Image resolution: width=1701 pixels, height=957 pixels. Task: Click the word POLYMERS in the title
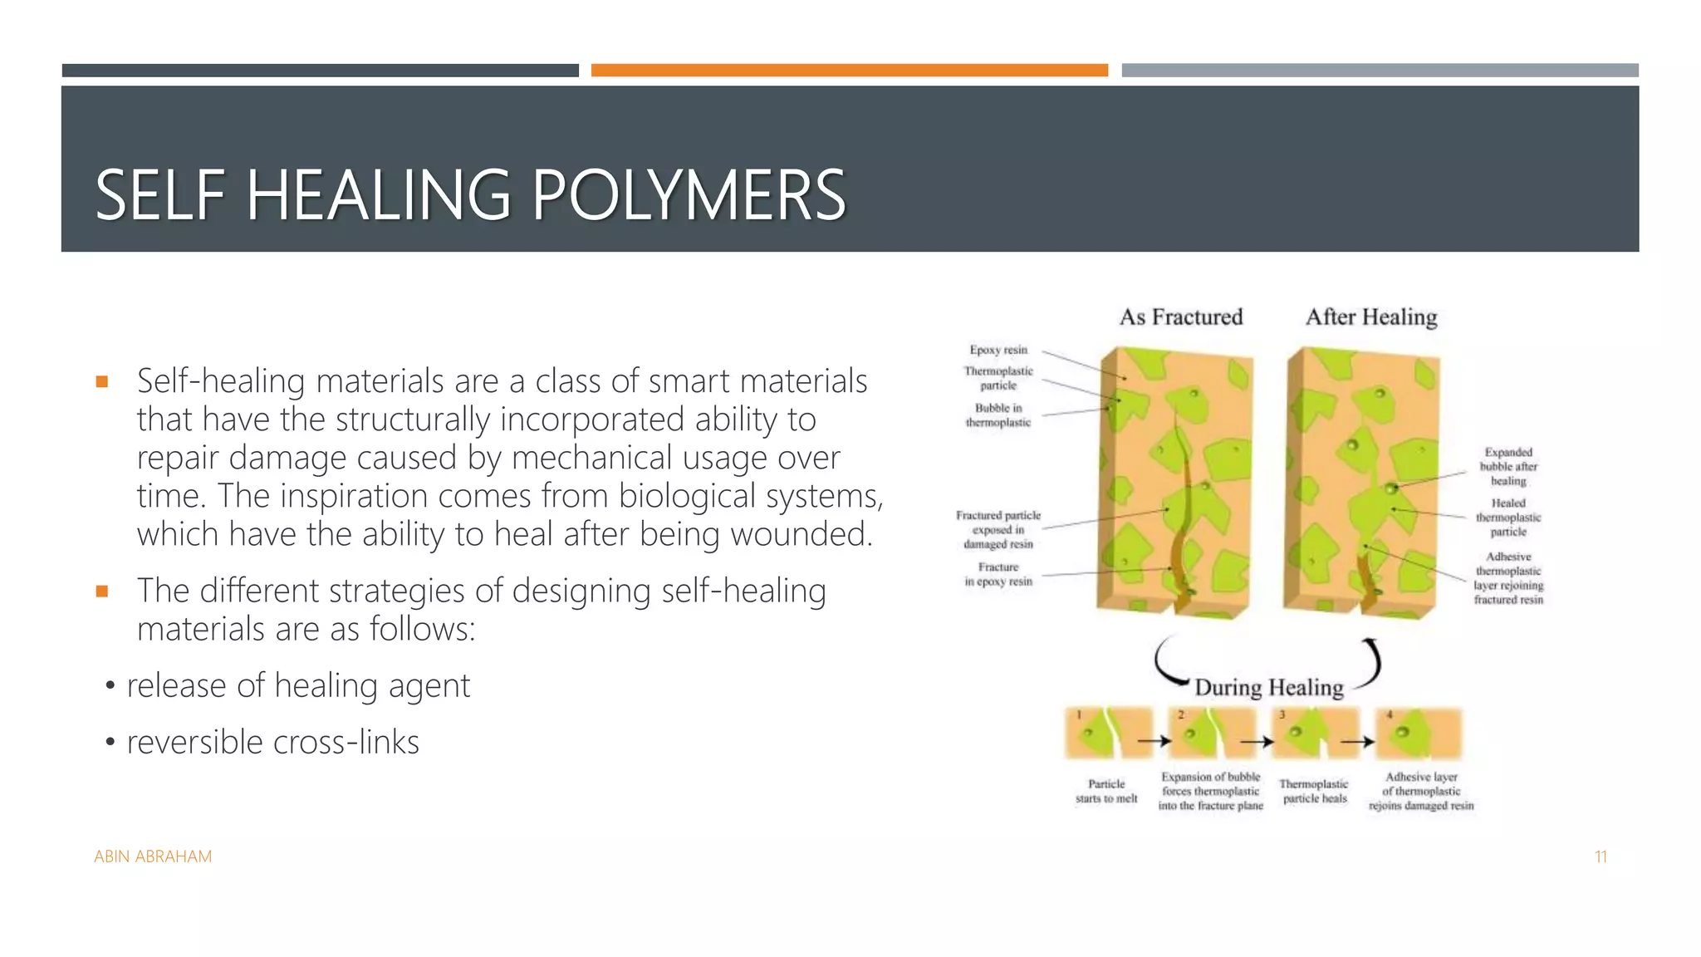(x=688, y=195)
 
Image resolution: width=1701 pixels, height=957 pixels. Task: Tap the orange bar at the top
(x=849, y=71)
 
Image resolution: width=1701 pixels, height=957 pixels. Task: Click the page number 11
(x=1601, y=856)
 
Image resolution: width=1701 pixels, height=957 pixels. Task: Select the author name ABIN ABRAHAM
(x=153, y=856)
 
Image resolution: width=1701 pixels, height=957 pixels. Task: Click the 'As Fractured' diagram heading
(x=1180, y=317)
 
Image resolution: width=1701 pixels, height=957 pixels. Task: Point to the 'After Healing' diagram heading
(x=1370, y=317)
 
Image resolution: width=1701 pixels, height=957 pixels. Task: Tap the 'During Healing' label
(x=1268, y=688)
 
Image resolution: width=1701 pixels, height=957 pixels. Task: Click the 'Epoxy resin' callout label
(x=998, y=350)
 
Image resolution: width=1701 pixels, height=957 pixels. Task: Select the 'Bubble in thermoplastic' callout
(x=998, y=415)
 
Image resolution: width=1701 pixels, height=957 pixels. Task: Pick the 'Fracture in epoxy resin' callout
(x=998, y=574)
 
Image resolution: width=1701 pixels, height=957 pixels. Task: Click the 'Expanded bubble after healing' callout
(x=1507, y=466)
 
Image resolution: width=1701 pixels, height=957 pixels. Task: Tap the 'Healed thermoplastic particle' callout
(x=1507, y=517)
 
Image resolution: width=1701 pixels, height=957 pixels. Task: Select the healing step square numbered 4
(x=1418, y=733)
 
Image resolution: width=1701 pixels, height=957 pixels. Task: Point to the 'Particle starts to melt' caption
(x=1106, y=791)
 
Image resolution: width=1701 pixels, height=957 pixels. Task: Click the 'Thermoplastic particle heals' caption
(x=1314, y=791)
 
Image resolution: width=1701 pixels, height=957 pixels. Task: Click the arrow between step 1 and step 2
(x=1154, y=741)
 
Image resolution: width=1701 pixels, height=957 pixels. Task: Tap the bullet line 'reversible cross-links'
(x=272, y=743)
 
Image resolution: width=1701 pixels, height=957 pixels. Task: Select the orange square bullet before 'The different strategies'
(x=102, y=591)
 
